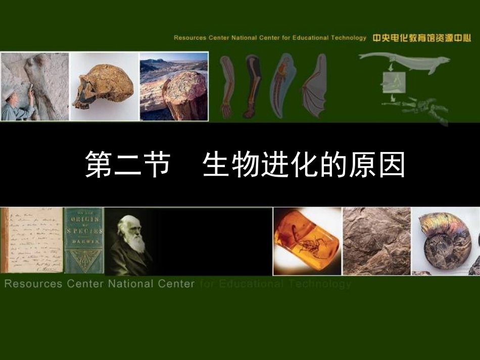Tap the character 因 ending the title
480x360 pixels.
click(391, 165)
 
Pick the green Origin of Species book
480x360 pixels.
click(83, 240)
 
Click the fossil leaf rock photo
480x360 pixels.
click(376, 241)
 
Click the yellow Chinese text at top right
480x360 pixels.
click(421, 37)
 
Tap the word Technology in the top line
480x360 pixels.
click(349, 38)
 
